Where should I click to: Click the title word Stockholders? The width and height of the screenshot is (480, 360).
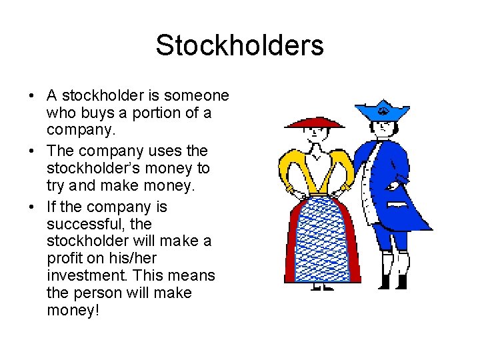239,46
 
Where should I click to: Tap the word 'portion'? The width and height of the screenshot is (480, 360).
162,114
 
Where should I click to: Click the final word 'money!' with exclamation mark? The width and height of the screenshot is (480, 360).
73,311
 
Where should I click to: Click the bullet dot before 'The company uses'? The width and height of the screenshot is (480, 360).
32,151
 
